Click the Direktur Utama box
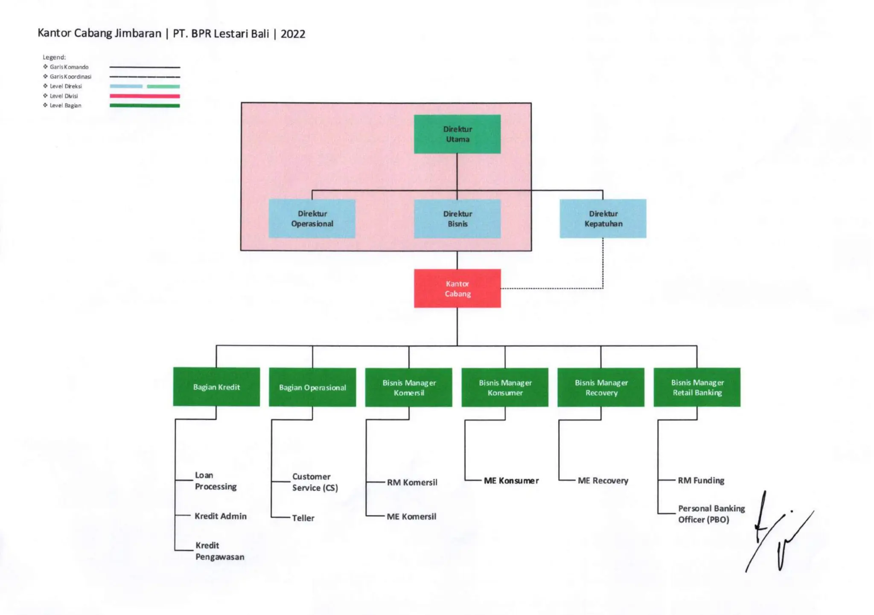pyautogui.click(x=457, y=134)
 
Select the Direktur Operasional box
pyautogui.click(x=312, y=218)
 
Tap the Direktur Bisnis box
pyautogui.click(x=457, y=218)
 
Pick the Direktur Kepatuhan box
pyautogui.click(x=603, y=218)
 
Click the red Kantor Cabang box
pyautogui.click(x=457, y=288)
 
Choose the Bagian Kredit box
pyautogui.click(x=216, y=387)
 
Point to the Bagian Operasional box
pyautogui.click(x=312, y=387)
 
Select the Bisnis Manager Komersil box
pyautogui.click(x=409, y=387)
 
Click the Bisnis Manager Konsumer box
pyautogui.click(x=505, y=387)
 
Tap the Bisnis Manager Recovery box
pyautogui.click(x=601, y=387)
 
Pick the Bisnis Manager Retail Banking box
pyautogui.click(x=697, y=387)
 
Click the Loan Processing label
pyautogui.click(x=216, y=481)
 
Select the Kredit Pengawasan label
pyautogui.click(x=220, y=551)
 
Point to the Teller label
pyautogui.click(x=303, y=518)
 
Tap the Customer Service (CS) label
pyautogui.click(x=315, y=482)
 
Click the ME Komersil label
pyautogui.click(x=411, y=516)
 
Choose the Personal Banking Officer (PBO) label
pyautogui.click(x=711, y=514)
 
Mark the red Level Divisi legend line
pyautogui.click(x=145, y=96)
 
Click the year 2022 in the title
pyautogui.click(x=293, y=34)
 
